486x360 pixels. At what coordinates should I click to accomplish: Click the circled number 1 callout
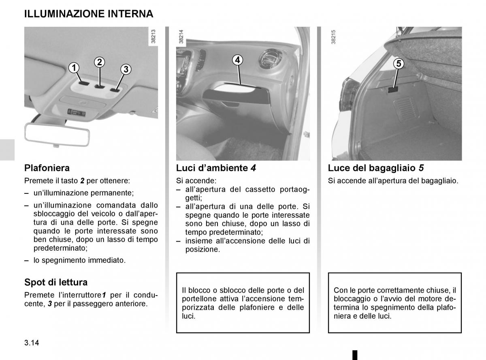pos(73,68)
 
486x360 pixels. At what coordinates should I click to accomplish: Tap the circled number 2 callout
pos(100,62)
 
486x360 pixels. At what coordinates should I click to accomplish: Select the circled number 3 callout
pos(126,69)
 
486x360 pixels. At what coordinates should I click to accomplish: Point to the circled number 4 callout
pos(238,60)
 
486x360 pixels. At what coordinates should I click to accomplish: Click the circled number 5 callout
pos(399,64)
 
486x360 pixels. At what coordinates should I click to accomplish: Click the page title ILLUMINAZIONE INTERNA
pos(89,14)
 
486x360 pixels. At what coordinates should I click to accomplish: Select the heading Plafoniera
pos(47,167)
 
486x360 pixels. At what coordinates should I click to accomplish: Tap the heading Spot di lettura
pos(56,282)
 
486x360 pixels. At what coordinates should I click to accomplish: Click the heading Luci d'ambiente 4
pos(216,167)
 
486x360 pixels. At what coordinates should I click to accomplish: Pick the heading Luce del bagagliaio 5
pos(376,167)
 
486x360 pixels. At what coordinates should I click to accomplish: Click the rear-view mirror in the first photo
pos(57,134)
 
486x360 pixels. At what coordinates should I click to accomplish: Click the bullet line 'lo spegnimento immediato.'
pos(79,261)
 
